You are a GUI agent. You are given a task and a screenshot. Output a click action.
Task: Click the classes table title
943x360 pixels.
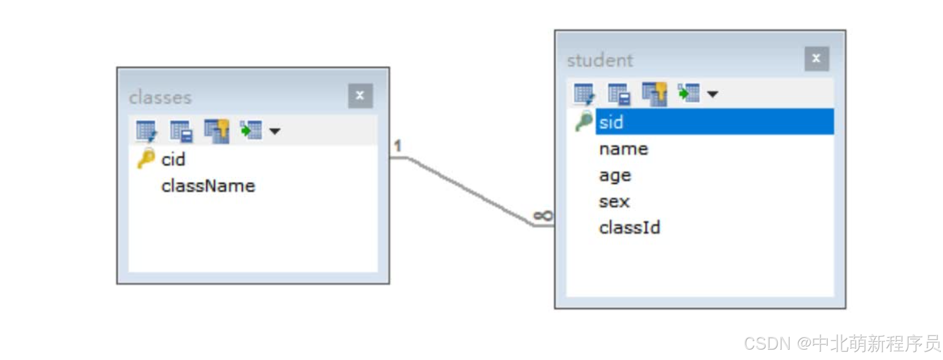click(x=160, y=97)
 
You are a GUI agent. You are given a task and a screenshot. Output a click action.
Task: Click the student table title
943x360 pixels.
click(x=600, y=60)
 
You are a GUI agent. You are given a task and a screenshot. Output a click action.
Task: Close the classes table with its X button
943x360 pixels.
click(x=360, y=96)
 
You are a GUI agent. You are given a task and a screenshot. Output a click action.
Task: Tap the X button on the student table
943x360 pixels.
click(x=816, y=59)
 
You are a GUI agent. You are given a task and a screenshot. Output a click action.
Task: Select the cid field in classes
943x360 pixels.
click(x=173, y=160)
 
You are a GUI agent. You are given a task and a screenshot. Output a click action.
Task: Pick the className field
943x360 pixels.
click(x=208, y=186)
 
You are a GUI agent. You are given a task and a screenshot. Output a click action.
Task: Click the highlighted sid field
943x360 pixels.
click(x=611, y=123)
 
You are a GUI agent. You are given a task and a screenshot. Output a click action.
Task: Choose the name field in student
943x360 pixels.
click(x=623, y=149)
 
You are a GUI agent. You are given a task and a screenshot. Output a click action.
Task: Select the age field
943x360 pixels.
click(x=615, y=176)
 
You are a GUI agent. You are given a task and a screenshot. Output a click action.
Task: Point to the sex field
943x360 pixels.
click(x=614, y=201)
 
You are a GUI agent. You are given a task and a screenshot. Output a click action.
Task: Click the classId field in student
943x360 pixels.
click(x=629, y=228)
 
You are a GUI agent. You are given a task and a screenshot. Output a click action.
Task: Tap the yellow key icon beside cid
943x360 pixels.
click(x=146, y=158)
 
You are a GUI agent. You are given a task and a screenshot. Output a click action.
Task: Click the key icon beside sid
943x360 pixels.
click(x=584, y=121)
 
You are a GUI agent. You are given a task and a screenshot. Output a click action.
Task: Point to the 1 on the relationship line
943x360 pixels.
click(x=398, y=146)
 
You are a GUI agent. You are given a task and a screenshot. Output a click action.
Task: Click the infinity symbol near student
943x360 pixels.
click(x=543, y=215)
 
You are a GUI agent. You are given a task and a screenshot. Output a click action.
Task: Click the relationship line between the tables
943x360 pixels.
click(x=469, y=191)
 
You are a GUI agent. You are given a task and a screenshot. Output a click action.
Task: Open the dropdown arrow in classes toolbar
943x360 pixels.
click(x=275, y=131)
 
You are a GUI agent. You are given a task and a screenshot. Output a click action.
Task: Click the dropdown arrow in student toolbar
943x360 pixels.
click(x=712, y=94)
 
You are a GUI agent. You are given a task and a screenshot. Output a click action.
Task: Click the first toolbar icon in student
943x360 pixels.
click(x=584, y=94)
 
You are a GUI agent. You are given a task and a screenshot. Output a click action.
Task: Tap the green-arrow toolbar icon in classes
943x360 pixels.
click(x=251, y=130)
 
